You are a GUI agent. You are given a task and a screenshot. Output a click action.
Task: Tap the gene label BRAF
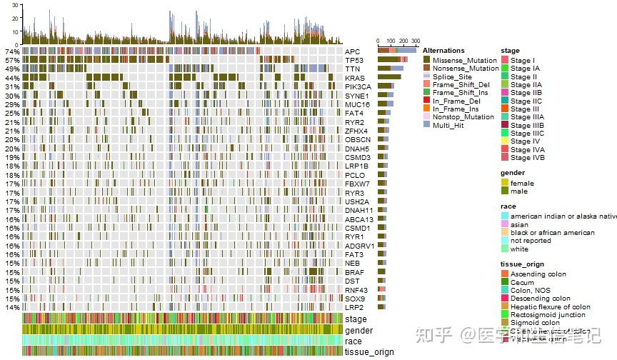[354, 272]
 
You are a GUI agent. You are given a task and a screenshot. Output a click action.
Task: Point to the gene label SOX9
[354, 299]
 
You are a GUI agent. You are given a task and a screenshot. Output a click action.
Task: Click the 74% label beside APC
[12, 52]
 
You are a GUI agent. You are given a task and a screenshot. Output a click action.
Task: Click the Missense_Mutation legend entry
[463, 60]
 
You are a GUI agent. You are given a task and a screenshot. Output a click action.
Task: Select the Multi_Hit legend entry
[448, 125]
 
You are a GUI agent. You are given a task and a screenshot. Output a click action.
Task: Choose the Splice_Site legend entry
[452, 76]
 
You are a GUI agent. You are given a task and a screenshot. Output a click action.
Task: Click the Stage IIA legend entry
[526, 84]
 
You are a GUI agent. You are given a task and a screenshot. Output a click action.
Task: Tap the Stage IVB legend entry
[528, 158]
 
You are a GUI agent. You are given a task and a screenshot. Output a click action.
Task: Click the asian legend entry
[519, 224]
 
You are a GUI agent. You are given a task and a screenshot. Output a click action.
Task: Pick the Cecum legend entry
[522, 282]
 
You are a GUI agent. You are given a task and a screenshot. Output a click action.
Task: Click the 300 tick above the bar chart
[416, 41]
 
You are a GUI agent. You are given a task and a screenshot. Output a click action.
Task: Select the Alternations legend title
[443, 51]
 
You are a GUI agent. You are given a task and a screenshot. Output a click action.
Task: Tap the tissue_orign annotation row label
[369, 351]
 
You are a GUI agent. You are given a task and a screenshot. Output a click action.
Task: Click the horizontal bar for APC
[397, 51]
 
